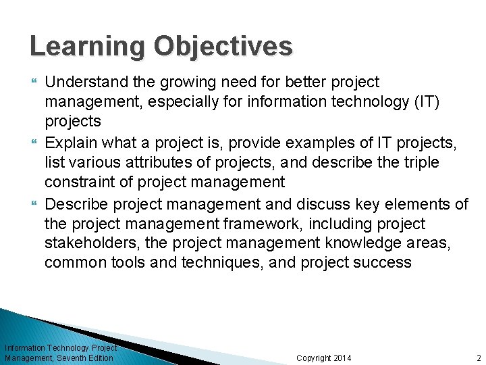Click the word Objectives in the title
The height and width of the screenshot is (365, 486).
coord(223,47)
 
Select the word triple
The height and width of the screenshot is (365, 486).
coord(420,163)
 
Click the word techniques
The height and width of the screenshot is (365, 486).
coord(220,263)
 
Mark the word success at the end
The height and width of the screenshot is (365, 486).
coord(382,263)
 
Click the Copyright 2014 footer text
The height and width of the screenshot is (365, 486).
coord(323,358)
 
